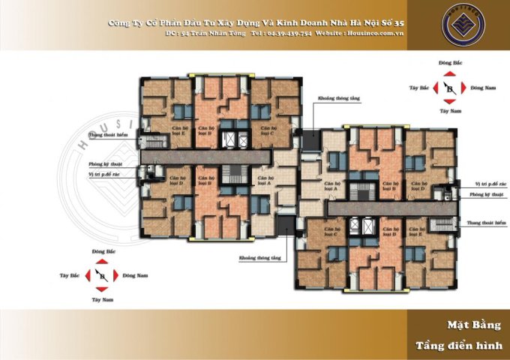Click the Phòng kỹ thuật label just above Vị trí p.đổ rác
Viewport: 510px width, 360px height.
(105, 163)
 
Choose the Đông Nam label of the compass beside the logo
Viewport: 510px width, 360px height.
(482, 88)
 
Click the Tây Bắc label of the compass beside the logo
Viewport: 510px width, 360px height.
(418, 88)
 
